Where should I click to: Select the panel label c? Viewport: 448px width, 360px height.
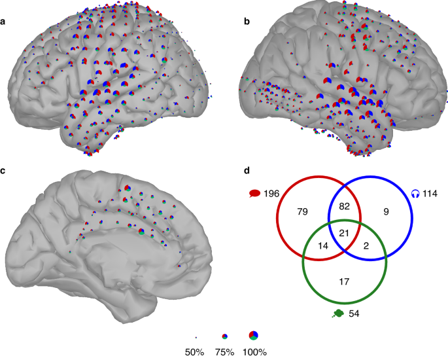tap(4, 171)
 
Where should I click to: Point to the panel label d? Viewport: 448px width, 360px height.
tap(246, 171)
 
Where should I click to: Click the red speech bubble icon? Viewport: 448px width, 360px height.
tap(255, 194)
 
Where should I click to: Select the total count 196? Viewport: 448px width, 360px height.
tap(272, 194)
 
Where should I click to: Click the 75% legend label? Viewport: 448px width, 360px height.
tap(225, 352)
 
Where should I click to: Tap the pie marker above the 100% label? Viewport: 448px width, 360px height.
tap(254, 336)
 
